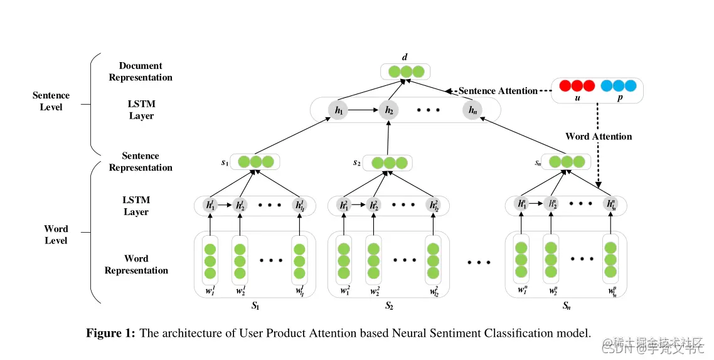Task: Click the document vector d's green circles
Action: [405, 71]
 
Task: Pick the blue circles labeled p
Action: [618, 85]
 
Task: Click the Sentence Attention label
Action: [498, 91]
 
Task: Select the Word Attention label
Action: [599, 136]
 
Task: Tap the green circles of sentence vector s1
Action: [255, 162]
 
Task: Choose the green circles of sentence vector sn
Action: [567, 162]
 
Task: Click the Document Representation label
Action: [141, 71]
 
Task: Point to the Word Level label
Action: [56, 235]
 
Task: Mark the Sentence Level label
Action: [51, 101]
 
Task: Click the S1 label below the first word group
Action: [255, 307]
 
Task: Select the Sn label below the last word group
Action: [566, 307]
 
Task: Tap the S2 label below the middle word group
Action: [389, 307]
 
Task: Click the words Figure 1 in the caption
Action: [110, 334]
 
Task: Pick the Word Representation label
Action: [136, 264]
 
